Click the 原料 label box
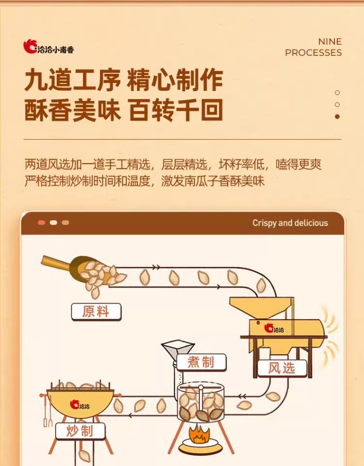(x=96, y=312)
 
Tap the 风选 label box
(x=282, y=368)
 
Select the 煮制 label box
(x=201, y=362)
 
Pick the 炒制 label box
(x=80, y=431)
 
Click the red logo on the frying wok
(x=80, y=404)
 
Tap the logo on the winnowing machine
(x=274, y=328)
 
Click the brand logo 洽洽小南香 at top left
(x=49, y=47)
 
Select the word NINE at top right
(x=330, y=42)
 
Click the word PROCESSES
(x=313, y=52)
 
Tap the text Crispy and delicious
(x=290, y=223)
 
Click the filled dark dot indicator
(x=337, y=116)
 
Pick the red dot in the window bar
(x=42, y=223)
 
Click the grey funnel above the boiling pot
(x=178, y=349)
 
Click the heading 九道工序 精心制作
(x=123, y=80)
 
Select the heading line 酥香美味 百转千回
(x=123, y=110)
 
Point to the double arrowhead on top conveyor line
(x=156, y=267)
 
